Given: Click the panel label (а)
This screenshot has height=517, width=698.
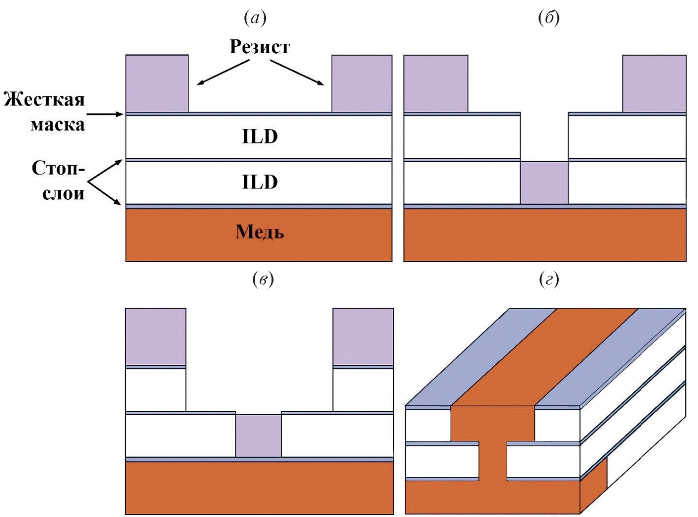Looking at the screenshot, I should click(x=255, y=18).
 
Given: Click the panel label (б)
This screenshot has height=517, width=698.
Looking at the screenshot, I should click(x=549, y=18).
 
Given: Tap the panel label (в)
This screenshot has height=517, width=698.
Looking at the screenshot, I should click(x=263, y=280).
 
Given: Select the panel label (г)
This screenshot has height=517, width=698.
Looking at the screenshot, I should click(x=549, y=280).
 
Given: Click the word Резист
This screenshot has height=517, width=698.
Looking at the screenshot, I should click(x=259, y=47).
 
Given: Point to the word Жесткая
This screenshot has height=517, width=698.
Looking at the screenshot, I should click(x=45, y=99).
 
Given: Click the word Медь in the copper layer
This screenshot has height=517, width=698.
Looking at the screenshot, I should click(x=259, y=232).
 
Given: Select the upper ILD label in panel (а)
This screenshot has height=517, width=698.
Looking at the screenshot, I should click(x=259, y=137).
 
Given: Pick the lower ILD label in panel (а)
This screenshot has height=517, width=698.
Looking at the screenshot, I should click(x=259, y=182).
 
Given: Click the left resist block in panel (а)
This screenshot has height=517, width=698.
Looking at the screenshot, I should click(x=157, y=84).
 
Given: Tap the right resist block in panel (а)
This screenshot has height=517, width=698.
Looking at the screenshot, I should click(x=362, y=84).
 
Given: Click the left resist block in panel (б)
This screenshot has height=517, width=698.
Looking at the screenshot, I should click(x=436, y=84).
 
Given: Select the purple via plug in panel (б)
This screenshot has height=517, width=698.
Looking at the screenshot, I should click(x=544, y=182).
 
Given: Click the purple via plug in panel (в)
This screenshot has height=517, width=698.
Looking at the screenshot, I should click(x=258, y=435).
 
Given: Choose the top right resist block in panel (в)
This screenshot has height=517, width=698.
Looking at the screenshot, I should click(x=363, y=337).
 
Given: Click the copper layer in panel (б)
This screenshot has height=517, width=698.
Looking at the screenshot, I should click(x=544, y=235).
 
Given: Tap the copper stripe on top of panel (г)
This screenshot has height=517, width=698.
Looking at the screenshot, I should click(x=546, y=355).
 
